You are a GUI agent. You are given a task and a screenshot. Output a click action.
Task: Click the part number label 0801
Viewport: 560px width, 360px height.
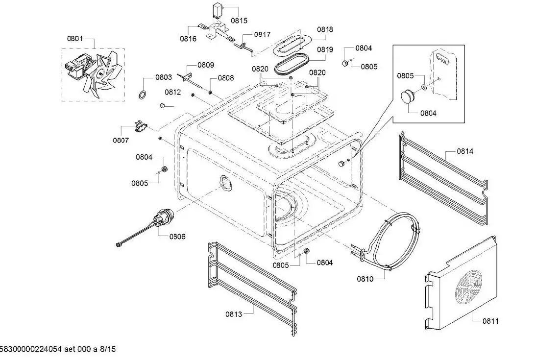(75, 39)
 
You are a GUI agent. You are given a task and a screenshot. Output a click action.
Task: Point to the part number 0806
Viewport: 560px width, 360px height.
(177, 237)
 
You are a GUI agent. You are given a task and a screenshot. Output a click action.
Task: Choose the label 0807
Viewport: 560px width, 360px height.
(121, 140)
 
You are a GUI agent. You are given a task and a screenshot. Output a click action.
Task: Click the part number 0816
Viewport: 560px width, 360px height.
(188, 39)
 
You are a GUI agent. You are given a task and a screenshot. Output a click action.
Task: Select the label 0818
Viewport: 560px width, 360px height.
(325, 29)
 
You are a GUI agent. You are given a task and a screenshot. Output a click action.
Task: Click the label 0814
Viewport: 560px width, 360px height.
(465, 151)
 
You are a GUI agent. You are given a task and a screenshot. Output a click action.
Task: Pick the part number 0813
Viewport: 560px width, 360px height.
(234, 314)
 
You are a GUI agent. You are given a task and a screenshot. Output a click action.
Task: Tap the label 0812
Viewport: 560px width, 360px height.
(173, 92)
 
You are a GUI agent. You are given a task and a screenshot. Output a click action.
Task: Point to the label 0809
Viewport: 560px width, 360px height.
(206, 65)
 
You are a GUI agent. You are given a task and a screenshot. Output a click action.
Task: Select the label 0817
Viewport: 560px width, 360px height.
(263, 34)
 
